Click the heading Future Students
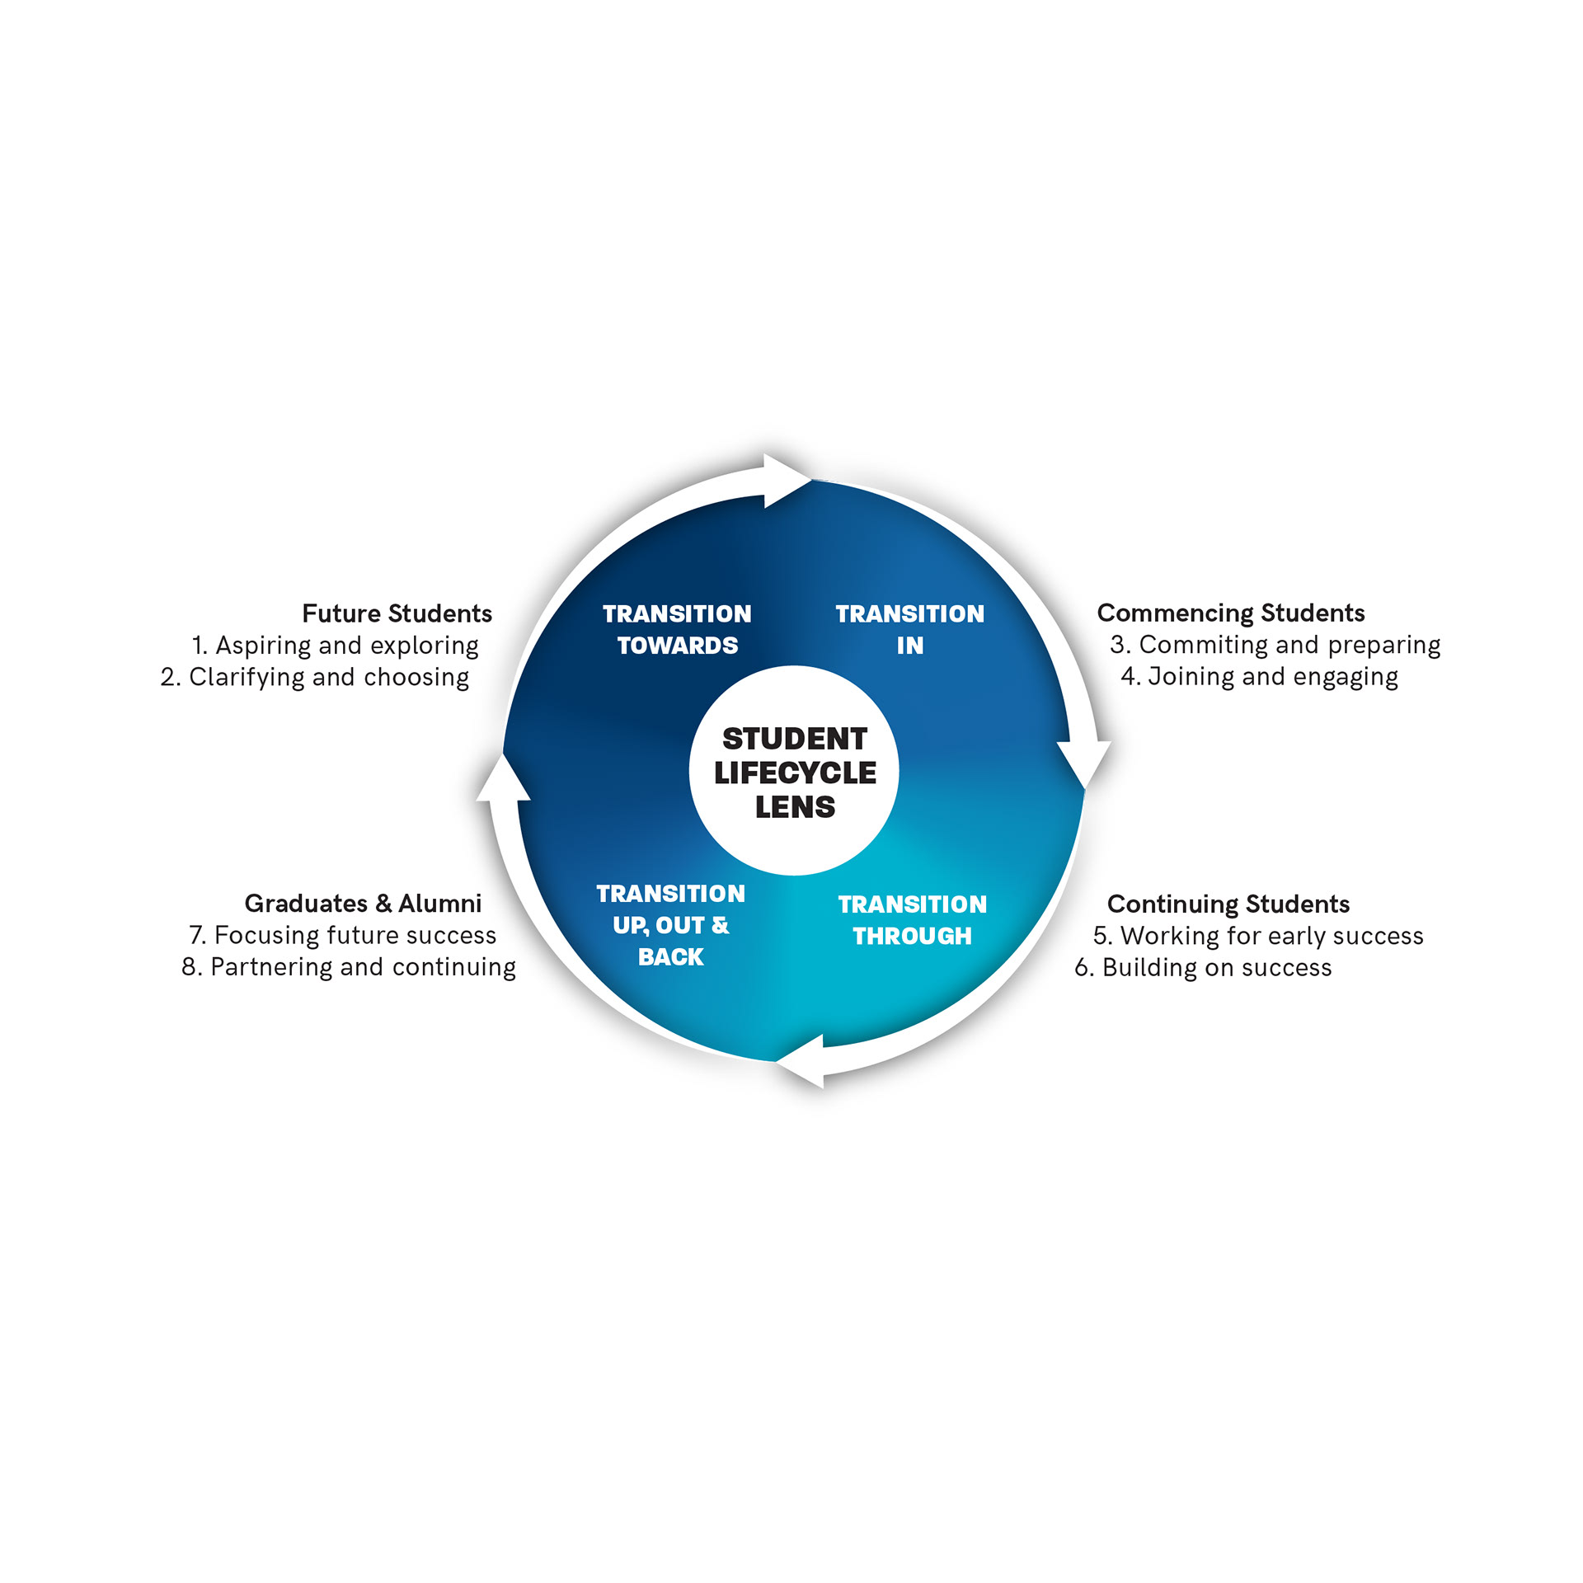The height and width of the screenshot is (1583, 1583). tap(397, 613)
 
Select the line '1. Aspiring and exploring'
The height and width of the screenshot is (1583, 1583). tap(335, 646)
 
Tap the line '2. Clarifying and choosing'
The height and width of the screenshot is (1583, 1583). tap(315, 677)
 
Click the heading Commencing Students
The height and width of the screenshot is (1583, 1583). tap(1231, 613)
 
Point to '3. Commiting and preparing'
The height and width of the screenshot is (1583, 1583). tap(1275, 645)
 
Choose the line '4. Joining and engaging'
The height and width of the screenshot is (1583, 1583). tap(1259, 677)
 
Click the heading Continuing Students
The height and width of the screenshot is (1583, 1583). tap(1228, 904)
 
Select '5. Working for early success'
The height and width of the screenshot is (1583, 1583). tap(1258, 936)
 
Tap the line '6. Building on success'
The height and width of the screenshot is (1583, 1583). tap(1203, 967)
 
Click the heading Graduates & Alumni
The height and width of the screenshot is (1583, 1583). tap(363, 904)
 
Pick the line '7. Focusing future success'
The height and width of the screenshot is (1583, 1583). tap(343, 935)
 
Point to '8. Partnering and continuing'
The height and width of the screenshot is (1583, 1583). tap(349, 967)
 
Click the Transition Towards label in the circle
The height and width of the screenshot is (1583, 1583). tap(677, 630)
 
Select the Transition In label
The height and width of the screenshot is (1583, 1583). tap(910, 630)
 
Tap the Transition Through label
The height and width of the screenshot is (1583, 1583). tap(913, 920)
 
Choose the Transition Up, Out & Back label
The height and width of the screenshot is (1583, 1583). tap(671, 925)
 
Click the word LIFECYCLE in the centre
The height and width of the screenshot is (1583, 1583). tap(796, 773)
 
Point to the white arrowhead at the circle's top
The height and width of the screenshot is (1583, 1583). tap(787, 481)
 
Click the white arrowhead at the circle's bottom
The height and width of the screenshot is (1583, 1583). tap(800, 1061)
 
